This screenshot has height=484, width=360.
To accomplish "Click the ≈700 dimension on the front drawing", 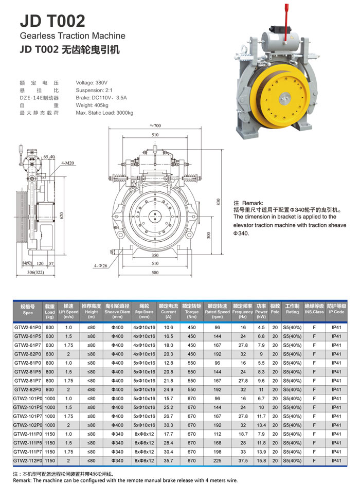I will [x=155, y=126].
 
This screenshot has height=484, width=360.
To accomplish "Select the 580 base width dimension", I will [x=155, y=273].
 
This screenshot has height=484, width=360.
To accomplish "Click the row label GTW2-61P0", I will [x=28, y=327].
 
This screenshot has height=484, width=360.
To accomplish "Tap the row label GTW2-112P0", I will [x=28, y=460].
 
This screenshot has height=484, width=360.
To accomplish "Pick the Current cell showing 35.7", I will [x=168, y=460].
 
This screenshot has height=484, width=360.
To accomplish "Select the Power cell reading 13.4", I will [x=261, y=425].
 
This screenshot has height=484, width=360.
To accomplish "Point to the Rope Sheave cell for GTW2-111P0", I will [x=145, y=434].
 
